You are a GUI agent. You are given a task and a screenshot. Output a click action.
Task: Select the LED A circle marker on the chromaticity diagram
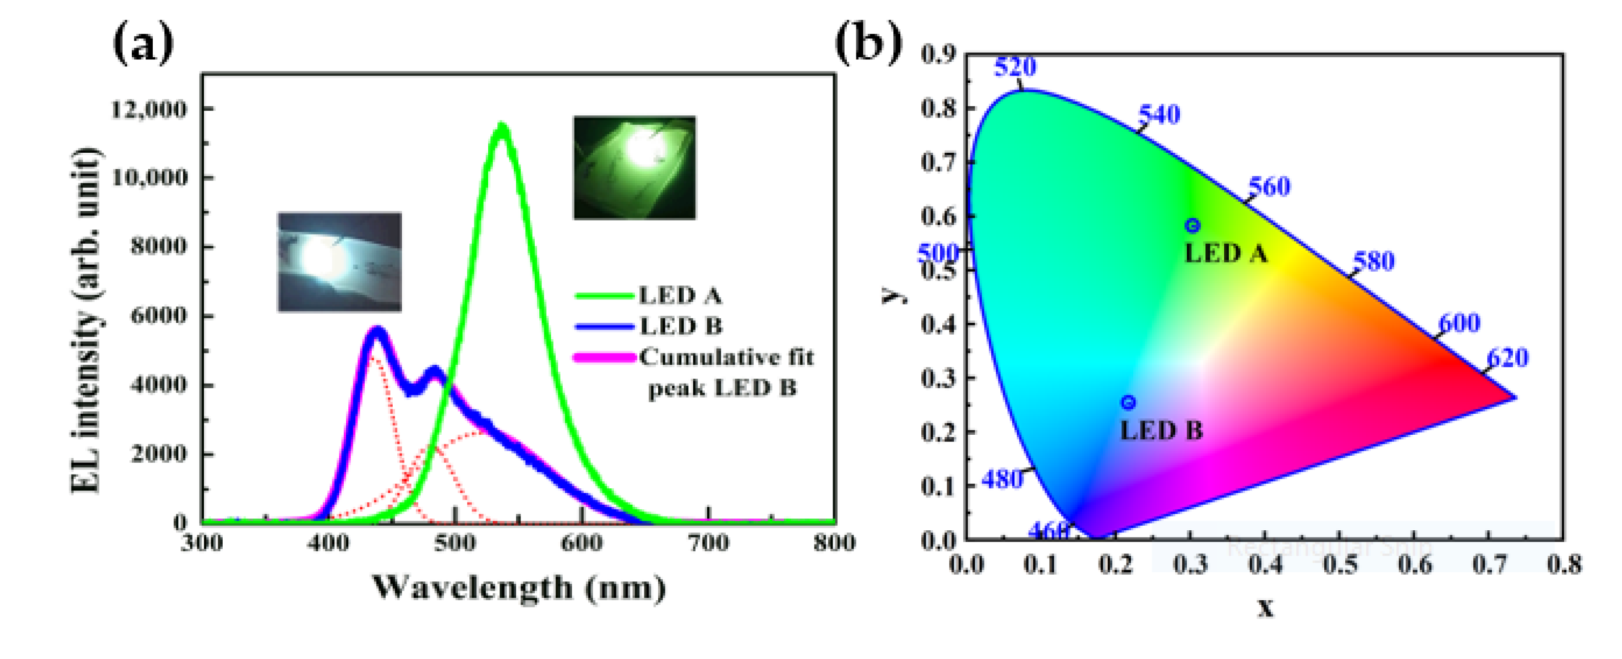pyautogui.click(x=1192, y=225)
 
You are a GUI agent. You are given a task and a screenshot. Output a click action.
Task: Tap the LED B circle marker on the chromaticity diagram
pyautogui.click(x=1128, y=402)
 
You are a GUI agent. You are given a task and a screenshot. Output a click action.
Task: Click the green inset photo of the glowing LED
pyautogui.click(x=634, y=168)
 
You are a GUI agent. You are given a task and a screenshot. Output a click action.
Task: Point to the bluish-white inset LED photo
pyautogui.click(x=340, y=262)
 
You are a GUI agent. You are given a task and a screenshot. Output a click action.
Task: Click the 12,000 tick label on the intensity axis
pyautogui.click(x=149, y=110)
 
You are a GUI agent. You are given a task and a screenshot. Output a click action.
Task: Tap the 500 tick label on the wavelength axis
pyautogui.click(x=455, y=543)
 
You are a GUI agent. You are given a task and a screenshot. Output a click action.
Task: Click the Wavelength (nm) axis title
pyautogui.click(x=519, y=588)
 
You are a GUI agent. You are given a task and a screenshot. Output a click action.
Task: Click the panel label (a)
pyautogui.click(x=143, y=44)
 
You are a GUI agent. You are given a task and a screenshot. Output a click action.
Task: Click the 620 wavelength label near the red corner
pyautogui.click(x=1508, y=358)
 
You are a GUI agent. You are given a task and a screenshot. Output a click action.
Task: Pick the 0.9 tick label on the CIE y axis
pyautogui.click(x=938, y=55)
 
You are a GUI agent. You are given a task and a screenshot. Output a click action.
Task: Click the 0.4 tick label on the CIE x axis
pyautogui.click(x=1265, y=564)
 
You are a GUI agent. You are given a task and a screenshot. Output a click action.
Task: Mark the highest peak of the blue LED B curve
pyautogui.click(x=376, y=331)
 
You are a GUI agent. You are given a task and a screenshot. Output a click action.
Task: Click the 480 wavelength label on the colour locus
pyautogui.click(x=1003, y=480)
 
